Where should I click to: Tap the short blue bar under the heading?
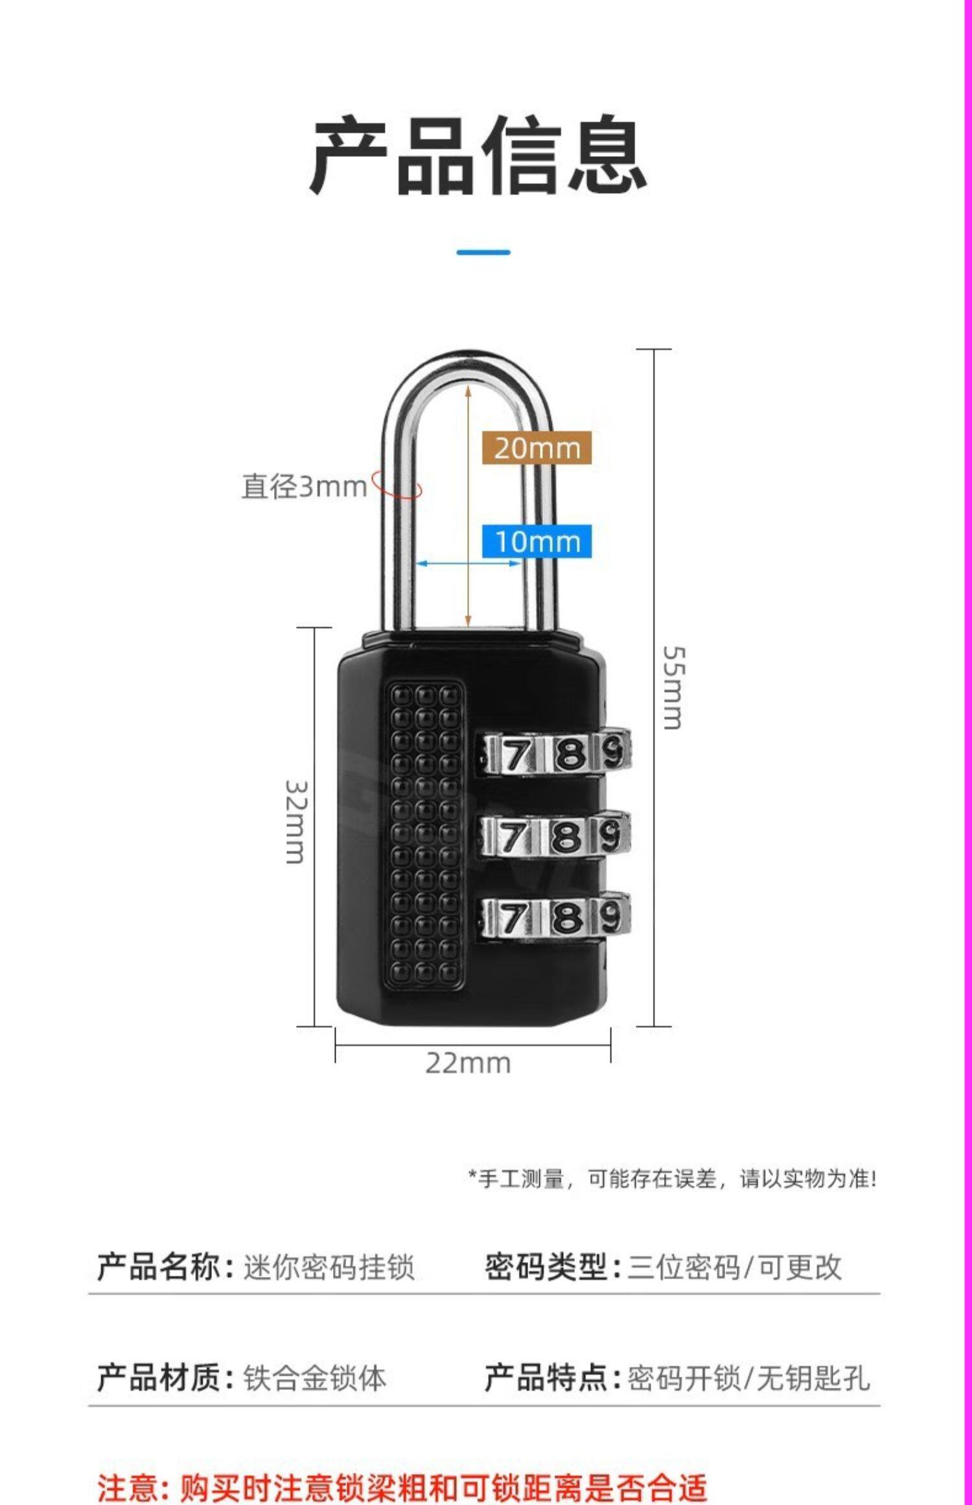(x=483, y=251)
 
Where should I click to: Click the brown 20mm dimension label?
(x=537, y=448)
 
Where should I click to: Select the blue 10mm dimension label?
(x=537, y=541)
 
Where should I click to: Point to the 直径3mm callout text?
(x=304, y=486)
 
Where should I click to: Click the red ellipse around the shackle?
(x=397, y=487)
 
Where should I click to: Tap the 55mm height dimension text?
(x=673, y=687)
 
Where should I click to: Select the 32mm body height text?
(x=295, y=821)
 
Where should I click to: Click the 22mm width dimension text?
(x=468, y=1064)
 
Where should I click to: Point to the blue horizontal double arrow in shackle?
(x=468, y=563)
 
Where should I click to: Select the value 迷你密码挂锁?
(x=329, y=1267)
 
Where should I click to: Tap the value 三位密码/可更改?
(x=734, y=1267)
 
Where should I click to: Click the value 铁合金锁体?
(x=314, y=1378)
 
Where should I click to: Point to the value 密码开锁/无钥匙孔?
(x=748, y=1378)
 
